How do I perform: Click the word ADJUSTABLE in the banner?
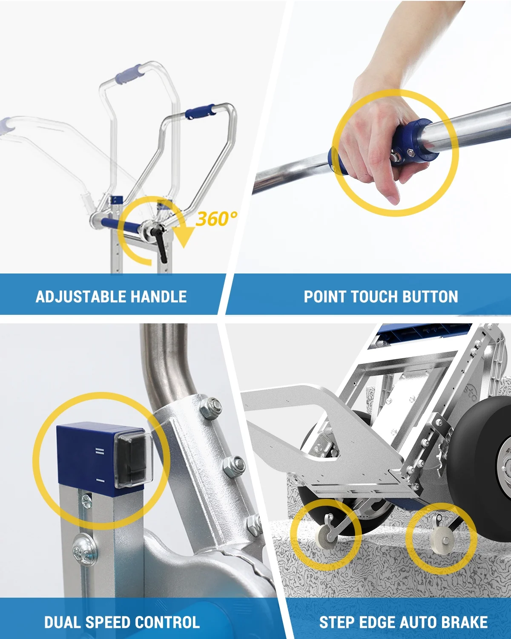[81, 296]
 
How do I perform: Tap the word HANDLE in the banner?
[159, 296]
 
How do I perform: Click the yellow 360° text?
[216, 219]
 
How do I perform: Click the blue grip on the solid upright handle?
[200, 111]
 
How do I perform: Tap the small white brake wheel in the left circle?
[323, 539]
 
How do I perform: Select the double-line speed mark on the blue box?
[100, 452]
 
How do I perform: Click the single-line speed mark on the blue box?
[100, 481]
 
